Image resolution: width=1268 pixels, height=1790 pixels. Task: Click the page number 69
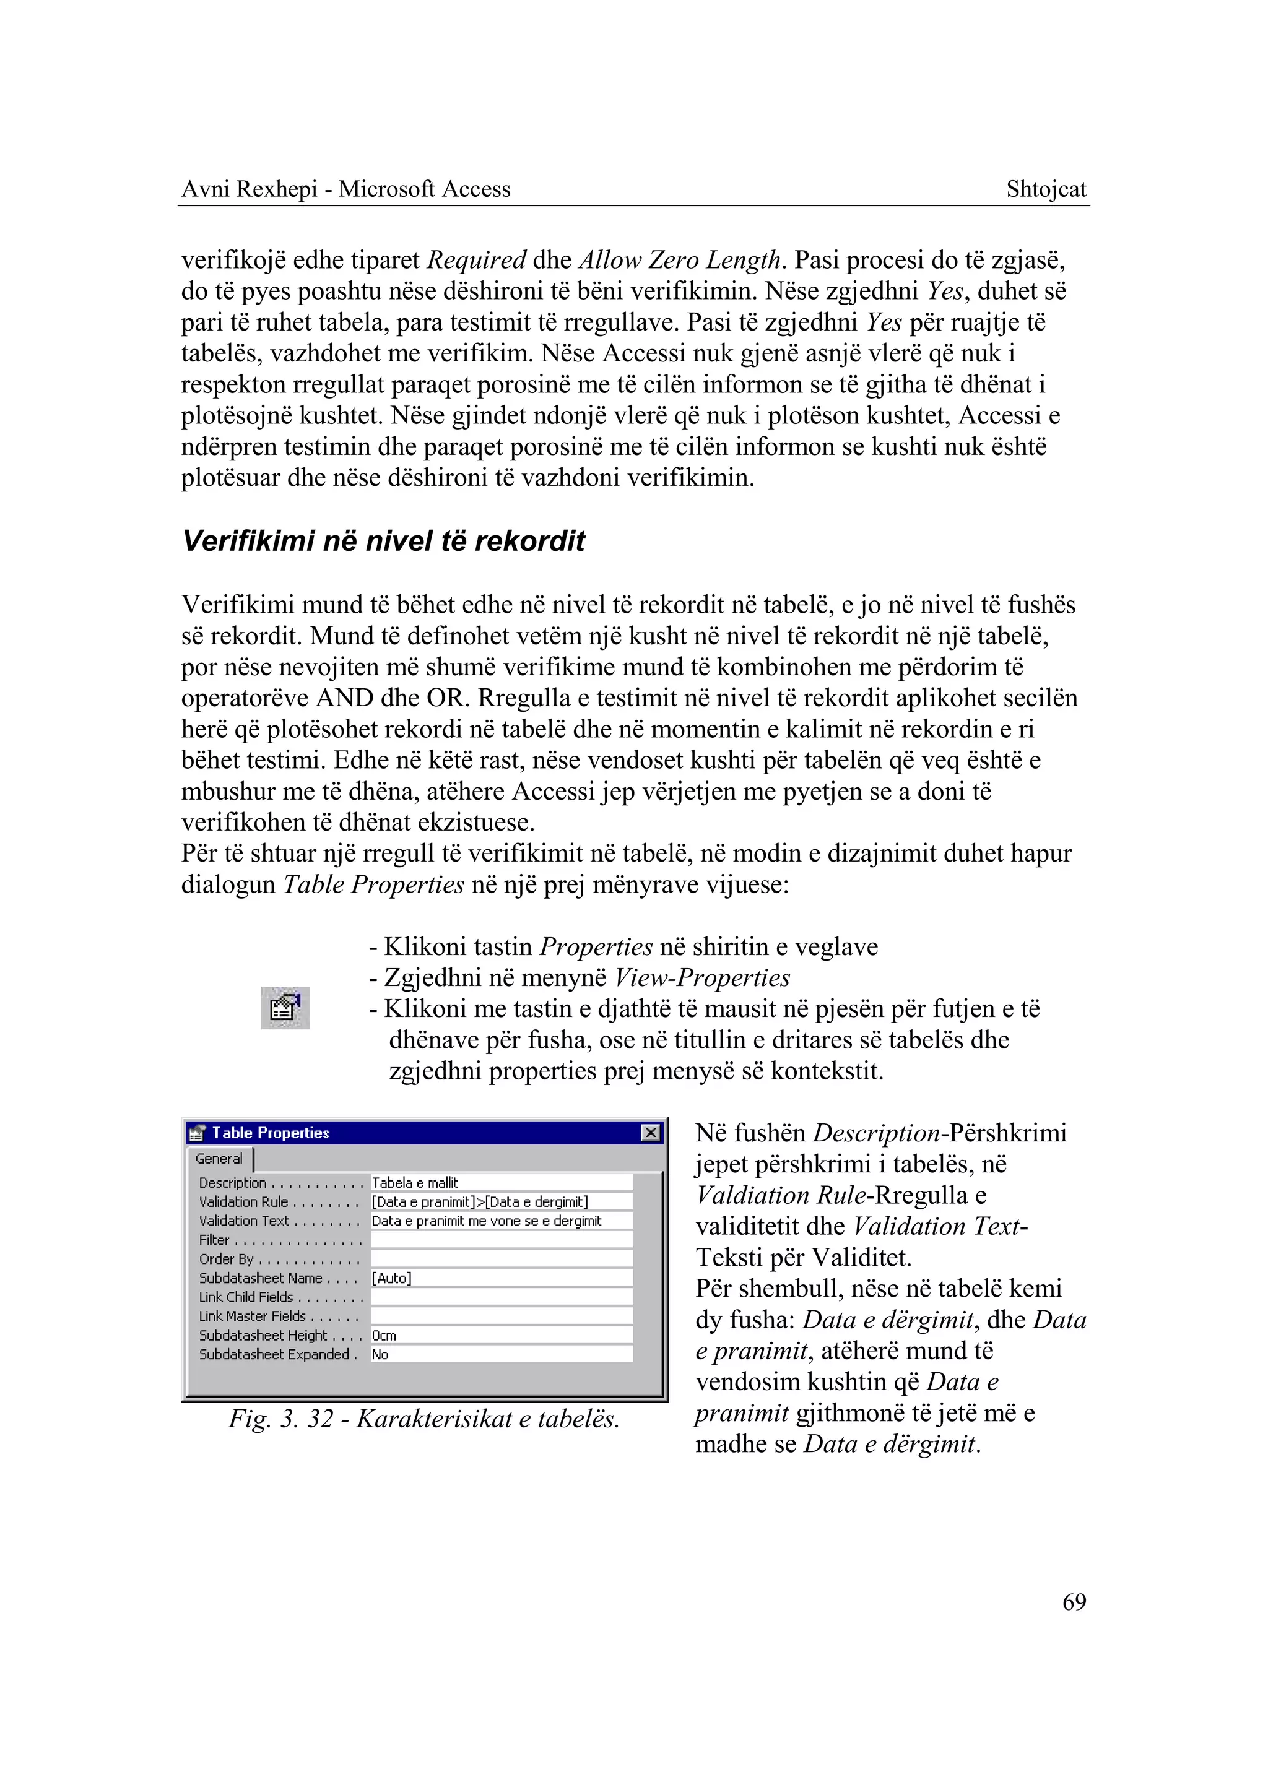click(x=1074, y=1601)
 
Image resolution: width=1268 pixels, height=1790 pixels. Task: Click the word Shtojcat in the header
click(x=1046, y=189)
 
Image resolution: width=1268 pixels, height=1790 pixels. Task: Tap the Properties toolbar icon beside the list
click(x=285, y=1008)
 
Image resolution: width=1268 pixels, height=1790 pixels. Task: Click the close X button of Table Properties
click(x=649, y=1133)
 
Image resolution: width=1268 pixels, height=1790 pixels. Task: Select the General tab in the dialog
click(x=219, y=1159)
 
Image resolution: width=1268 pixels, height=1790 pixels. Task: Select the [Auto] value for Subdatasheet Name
click(x=391, y=1278)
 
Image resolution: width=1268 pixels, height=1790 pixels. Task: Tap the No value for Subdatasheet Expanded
click(x=380, y=1354)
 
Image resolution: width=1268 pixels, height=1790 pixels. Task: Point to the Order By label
click(x=227, y=1259)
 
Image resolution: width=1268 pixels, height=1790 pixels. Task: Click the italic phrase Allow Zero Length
click(x=679, y=260)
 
